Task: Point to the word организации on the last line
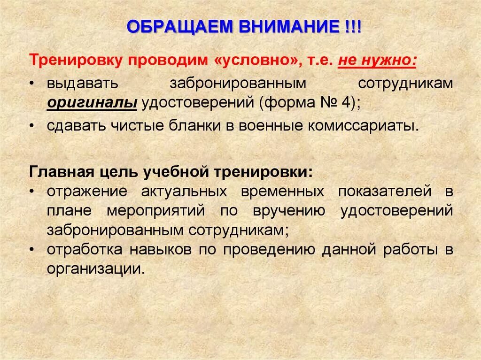pos(93,269)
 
